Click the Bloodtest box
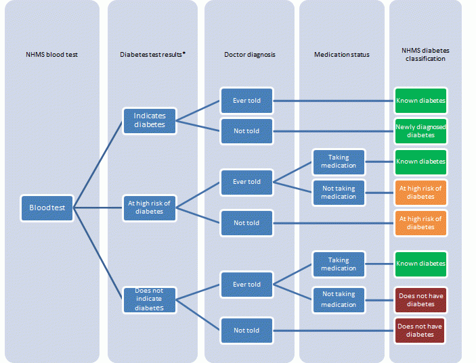pos(47,208)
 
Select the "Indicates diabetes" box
pos(149,120)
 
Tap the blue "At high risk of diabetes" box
pos(149,207)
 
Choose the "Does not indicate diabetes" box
pos(149,299)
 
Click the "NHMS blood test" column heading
pos(51,54)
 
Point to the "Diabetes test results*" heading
pos(152,54)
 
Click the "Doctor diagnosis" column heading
pos(249,54)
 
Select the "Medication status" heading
pos(341,54)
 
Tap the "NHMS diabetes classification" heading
pos(425,54)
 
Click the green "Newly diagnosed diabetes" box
pos(420,130)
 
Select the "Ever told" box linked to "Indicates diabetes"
pos(246,101)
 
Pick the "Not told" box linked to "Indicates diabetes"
pos(246,130)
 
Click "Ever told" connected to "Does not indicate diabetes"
pos(246,285)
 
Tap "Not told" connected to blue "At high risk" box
pos(246,222)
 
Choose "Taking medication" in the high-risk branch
pos(339,162)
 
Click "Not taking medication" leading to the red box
pos(339,300)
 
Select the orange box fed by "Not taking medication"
pos(420,192)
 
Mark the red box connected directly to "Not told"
pos(420,331)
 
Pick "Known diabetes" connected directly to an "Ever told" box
pos(420,101)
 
